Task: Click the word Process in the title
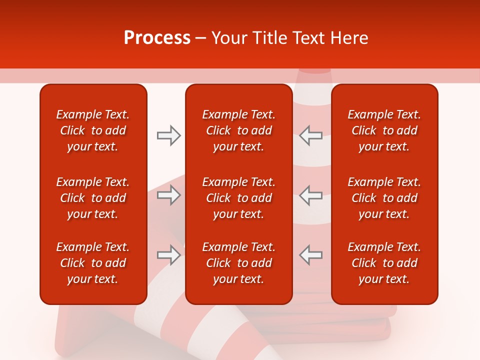[x=157, y=38]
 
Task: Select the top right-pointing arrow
[x=169, y=135]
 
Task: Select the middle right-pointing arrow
[x=169, y=195]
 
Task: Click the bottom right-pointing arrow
[x=169, y=255]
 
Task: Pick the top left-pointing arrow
[x=310, y=135]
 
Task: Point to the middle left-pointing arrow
[x=310, y=195]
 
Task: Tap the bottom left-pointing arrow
[x=310, y=255]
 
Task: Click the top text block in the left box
[x=93, y=130]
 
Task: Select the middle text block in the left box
[x=93, y=198]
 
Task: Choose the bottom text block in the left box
[x=93, y=263]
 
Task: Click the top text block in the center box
[x=239, y=130]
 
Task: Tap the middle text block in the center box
[x=239, y=198]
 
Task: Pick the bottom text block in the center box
[x=239, y=263]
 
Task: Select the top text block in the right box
[x=384, y=130]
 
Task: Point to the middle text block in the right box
[x=384, y=198]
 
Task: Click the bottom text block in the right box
[x=384, y=263]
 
